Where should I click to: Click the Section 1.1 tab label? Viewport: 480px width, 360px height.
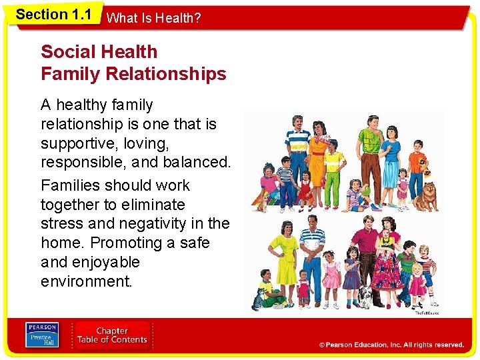pos(53,15)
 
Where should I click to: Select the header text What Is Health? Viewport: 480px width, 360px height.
pos(153,19)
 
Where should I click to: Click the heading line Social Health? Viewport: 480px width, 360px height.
pos(99,52)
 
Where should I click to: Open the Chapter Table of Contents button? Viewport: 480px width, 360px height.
pos(112,335)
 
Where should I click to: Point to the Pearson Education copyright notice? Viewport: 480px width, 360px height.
pos(391,345)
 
